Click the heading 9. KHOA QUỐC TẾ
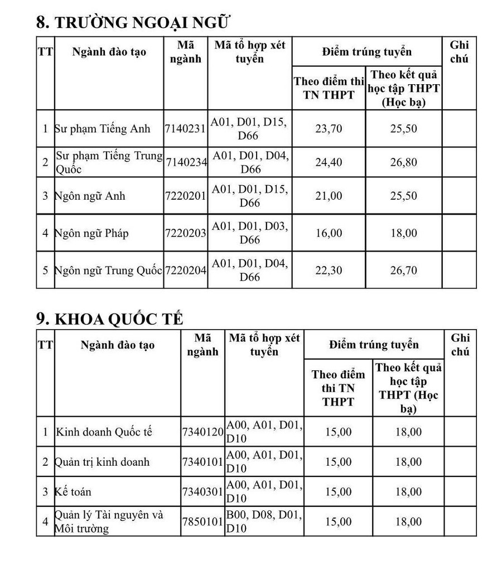tap(110, 318)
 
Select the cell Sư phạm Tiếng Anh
tap(103, 129)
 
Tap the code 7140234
tap(186, 162)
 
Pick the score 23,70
tap(329, 129)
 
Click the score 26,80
tap(404, 162)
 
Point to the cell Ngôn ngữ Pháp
tap(91, 233)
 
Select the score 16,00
tap(329, 233)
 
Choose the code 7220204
tap(186, 270)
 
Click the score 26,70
tap(404, 270)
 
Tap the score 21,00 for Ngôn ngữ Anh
tap(329, 196)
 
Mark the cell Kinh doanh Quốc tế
tap(104, 432)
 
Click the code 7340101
tap(203, 462)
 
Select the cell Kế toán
tap(73, 492)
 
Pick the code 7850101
tap(203, 522)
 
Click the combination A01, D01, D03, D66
tap(249, 233)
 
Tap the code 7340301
tap(203, 492)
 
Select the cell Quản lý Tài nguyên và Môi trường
tap(109, 522)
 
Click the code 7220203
tap(186, 233)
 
